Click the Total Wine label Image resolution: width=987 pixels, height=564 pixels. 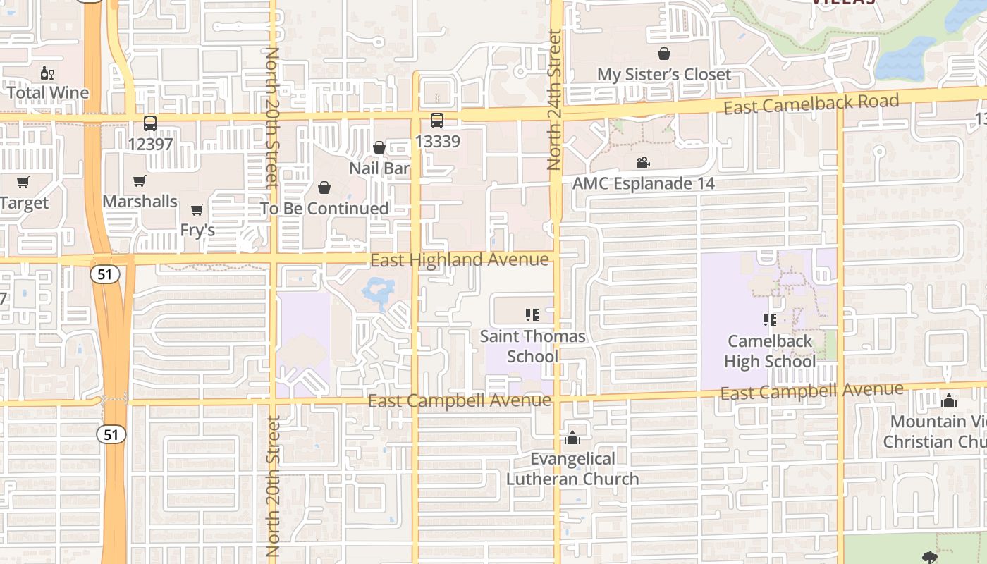[x=48, y=92]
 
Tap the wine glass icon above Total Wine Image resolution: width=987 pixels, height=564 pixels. [x=47, y=73]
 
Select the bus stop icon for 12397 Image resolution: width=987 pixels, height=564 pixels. [x=150, y=123]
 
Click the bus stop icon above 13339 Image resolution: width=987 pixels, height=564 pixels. [x=437, y=121]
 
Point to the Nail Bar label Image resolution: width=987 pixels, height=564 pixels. [x=379, y=168]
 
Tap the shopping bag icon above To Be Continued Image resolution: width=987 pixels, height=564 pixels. [x=324, y=188]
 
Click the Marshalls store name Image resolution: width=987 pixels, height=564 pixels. [x=140, y=202]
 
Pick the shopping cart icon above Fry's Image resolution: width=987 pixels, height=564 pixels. [x=197, y=209]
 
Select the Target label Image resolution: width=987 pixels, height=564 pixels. [x=25, y=203]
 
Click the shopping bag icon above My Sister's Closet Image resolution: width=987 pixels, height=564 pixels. [x=663, y=54]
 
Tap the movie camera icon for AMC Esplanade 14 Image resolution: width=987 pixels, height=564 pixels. [x=643, y=163]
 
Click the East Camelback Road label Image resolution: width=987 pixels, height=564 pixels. [x=811, y=104]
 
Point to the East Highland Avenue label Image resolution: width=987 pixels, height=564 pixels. [x=459, y=260]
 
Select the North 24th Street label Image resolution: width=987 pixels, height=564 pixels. [x=554, y=99]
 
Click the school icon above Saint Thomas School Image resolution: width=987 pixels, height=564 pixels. [x=532, y=314]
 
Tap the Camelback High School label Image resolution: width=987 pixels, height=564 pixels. [x=770, y=351]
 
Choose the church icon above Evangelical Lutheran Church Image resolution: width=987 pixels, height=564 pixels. [x=572, y=439]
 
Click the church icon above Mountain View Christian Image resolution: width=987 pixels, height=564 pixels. [x=949, y=401]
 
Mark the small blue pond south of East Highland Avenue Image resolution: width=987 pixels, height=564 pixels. [x=379, y=291]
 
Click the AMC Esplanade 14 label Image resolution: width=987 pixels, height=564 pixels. [x=643, y=184]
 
